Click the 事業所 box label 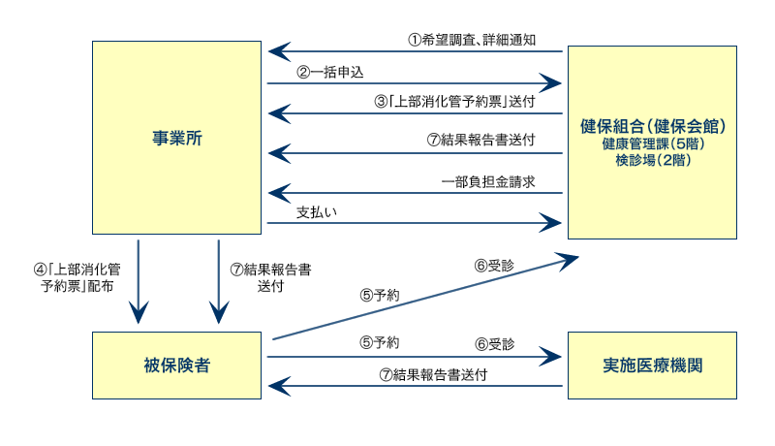pos(177,138)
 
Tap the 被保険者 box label pos(177,366)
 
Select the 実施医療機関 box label pos(652,366)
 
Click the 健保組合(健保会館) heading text pos(652,126)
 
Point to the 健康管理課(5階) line pos(652,143)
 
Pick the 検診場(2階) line pos(652,160)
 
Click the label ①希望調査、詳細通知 pos(472,40)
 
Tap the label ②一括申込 pos(329,73)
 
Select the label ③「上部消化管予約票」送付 pos(454,102)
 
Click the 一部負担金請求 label pos(488,182)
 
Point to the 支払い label pos(317,212)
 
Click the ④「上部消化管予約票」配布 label pos(77,278)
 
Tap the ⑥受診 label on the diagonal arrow pos(494,266)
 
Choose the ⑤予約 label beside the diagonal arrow pos(380,296)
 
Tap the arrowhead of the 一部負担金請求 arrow pos(279,193)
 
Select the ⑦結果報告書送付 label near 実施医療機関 pos(433,375)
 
